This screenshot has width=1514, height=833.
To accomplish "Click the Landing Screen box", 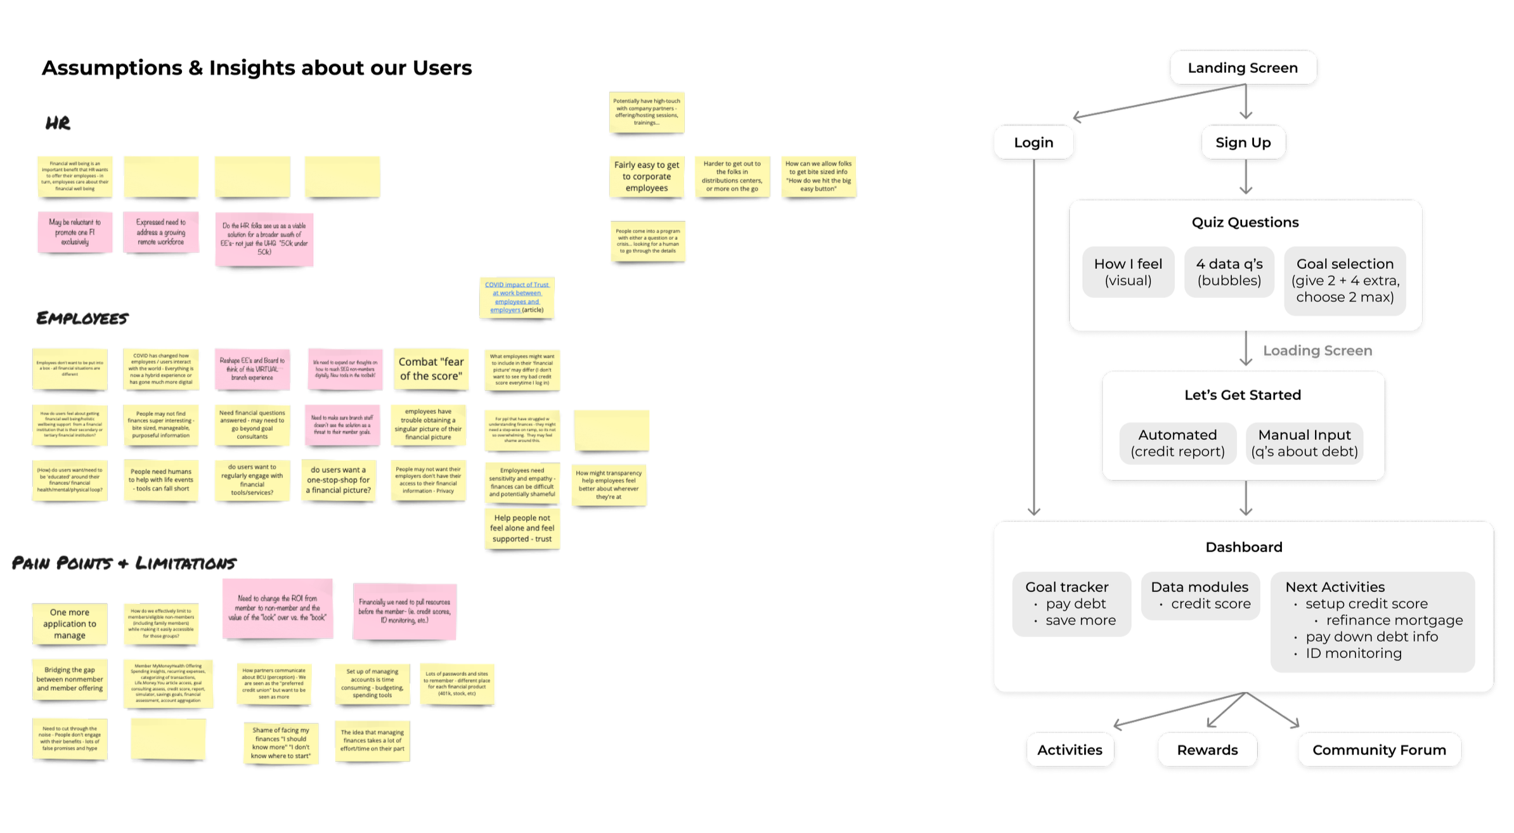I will tap(1243, 68).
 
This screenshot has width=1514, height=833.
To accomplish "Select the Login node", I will tap(1033, 143).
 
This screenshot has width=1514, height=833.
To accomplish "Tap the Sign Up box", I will tap(1243, 143).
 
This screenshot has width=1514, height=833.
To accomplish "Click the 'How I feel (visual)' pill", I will tap(1128, 272).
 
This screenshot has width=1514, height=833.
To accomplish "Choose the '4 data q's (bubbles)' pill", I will tap(1229, 272).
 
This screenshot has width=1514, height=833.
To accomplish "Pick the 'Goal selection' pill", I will tap(1345, 280).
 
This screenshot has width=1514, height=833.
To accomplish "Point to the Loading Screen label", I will tap(1317, 351).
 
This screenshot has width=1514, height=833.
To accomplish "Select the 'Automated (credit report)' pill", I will tap(1177, 443).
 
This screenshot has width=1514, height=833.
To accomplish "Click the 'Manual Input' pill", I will tap(1304, 443).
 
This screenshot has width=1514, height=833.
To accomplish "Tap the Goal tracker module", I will tap(1071, 604).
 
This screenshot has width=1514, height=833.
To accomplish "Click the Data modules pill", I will tap(1200, 596).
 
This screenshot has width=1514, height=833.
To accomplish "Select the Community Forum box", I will tap(1379, 750).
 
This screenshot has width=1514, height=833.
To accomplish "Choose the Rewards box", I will tap(1207, 750).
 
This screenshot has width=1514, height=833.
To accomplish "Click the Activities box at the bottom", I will tap(1070, 750).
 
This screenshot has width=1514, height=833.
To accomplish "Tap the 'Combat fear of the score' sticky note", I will tap(431, 368).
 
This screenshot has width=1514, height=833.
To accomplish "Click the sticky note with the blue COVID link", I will tap(517, 297).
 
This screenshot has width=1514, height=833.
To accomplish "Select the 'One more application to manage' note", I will tap(70, 624).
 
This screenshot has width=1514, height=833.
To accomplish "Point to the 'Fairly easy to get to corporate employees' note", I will tap(647, 176).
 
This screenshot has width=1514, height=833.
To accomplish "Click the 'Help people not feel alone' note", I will tap(522, 528).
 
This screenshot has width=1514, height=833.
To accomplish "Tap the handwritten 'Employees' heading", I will tap(82, 318).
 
